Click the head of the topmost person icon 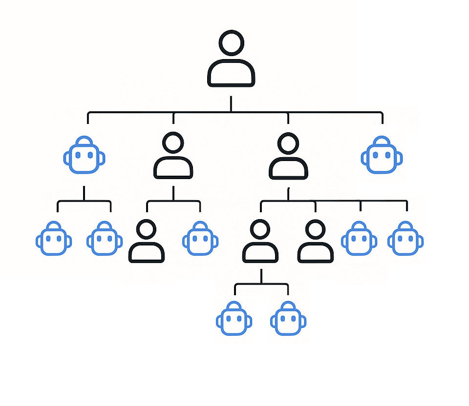(x=231, y=43)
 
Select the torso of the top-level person (x=231, y=73)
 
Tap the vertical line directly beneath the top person (x=231, y=104)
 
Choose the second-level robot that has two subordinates (x=85, y=156)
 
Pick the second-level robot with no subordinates (x=382, y=156)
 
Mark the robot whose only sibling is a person (x=200, y=239)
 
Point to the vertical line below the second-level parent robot (x=84, y=193)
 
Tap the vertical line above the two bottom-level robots (x=261, y=277)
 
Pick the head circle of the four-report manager (x=288, y=143)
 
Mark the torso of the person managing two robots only (x=260, y=251)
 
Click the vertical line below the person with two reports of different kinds (x=173, y=193)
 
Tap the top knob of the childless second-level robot (x=382, y=141)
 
